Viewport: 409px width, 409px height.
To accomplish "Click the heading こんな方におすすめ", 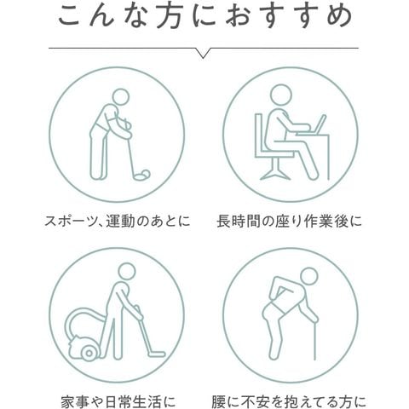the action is coord(205,16).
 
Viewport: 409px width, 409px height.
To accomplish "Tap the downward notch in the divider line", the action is coord(203,54).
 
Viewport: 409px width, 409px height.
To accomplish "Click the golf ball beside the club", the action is coord(145,173).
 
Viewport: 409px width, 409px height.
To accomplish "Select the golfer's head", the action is coord(120,98).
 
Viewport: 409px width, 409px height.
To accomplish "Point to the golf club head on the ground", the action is coord(141,177).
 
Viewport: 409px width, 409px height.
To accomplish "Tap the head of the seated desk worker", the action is coord(280,95).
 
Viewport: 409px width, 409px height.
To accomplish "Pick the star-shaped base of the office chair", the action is coord(275,174).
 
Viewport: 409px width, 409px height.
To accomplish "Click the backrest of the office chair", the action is coord(259,135).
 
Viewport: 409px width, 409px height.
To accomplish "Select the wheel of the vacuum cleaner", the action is coord(89,353).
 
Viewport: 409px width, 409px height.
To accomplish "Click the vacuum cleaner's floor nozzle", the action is coord(156,354).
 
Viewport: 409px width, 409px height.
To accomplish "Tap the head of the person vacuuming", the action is coord(127,272).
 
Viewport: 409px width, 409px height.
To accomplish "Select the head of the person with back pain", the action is coord(308,277).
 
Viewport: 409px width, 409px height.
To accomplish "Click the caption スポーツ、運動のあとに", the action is coord(118,221).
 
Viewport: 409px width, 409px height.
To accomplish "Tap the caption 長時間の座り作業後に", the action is coord(289,221).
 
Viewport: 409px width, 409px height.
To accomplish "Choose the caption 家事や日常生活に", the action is coord(118,401).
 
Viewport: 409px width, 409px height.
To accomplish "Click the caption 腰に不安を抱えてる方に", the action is coord(289,401).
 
